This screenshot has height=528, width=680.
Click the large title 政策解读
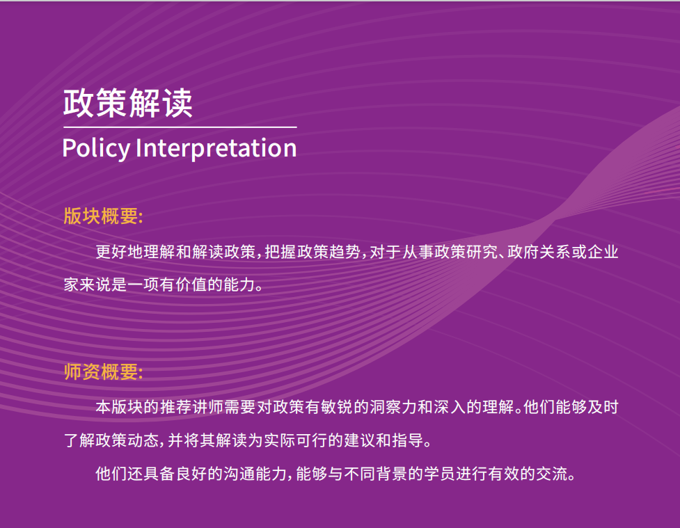point(128,103)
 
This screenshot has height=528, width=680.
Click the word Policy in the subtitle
point(96,148)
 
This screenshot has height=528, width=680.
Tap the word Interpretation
point(216,147)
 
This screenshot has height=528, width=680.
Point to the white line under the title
point(180,127)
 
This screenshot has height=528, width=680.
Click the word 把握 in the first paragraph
point(280,252)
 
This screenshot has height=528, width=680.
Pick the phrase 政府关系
point(539,252)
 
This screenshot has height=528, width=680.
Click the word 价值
point(191,285)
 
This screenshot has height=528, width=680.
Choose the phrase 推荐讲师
point(191,407)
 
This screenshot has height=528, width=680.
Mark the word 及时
point(603,407)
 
